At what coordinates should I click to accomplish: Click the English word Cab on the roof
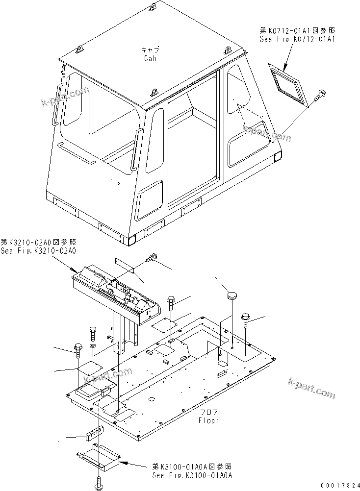pyautogui.click(x=151, y=58)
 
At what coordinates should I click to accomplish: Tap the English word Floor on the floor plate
pyautogui.click(x=208, y=420)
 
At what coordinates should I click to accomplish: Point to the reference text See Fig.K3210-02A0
pyautogui.click(x=38, y=250)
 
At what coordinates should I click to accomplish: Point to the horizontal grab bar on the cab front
pyautogui.click(x=76, y=153)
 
